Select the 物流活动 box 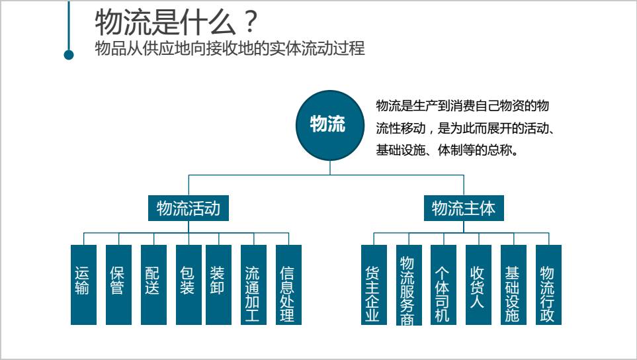[x=188, y=209]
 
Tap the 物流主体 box [x=463, y=209]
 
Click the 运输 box [x=83, y=285]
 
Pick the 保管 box [x=118, y=285]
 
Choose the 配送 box [x=153, y=285]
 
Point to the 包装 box [x=189, y=285]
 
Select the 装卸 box [x=218, y=285]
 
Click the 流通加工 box [x=253, y=285]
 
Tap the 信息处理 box [x=288, y=285]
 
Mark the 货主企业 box [x=374, y=285]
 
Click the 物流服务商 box [x=409, y=285]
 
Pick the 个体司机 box [x=443, y=285]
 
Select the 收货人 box [x=478, y=285]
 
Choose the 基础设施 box [x=513, y=285]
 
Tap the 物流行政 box [x=548, y=285]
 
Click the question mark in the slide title [x=249, y=23]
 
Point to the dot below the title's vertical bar [x=69, y=55]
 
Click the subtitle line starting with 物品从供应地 [x=230, y=49]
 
